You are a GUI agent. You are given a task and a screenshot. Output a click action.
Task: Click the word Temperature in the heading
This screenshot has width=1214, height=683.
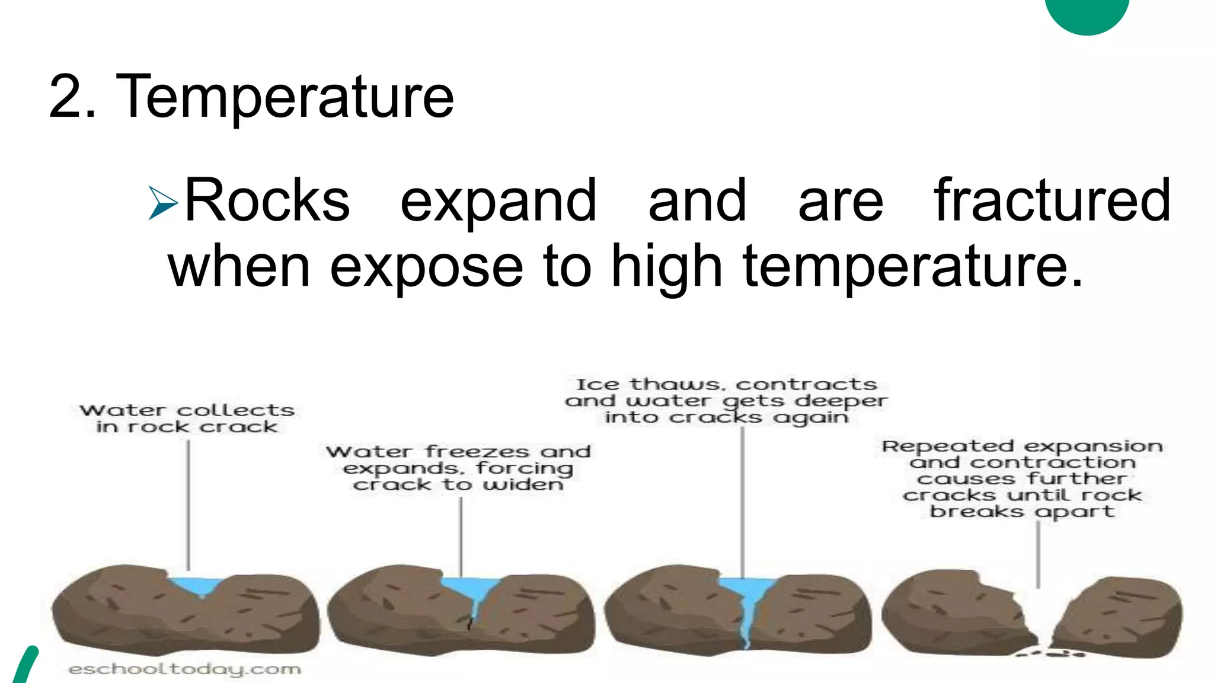coord(285,97)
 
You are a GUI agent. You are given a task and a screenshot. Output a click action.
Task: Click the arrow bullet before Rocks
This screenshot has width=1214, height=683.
coord(162,203)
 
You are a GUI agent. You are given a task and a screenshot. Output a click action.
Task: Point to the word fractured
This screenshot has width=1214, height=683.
coord(1052,202)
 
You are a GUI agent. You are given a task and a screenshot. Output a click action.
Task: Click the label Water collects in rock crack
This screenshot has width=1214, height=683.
coord(187,419)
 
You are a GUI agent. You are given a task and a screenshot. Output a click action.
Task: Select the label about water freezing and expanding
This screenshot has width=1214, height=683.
coord(458,468)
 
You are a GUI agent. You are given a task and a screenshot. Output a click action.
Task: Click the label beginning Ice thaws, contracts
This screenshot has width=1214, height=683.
coord(726,401)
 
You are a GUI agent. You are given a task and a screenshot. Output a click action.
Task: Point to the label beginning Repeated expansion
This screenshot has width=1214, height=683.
coord(1022,478)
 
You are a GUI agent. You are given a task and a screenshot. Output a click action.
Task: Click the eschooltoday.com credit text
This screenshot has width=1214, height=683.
coord(184,669)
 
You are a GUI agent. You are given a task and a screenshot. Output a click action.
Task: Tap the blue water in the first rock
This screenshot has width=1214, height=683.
coord(196,586)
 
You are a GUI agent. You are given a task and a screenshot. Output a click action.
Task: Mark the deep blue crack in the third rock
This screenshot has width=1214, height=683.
coord(748,605)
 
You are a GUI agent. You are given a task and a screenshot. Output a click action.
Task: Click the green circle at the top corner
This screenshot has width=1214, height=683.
coord(1087,13)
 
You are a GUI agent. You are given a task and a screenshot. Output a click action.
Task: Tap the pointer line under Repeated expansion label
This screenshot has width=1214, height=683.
coord(1038,554)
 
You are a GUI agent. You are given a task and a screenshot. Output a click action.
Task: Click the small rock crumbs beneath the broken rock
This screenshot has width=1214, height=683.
coord(1052,654)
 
